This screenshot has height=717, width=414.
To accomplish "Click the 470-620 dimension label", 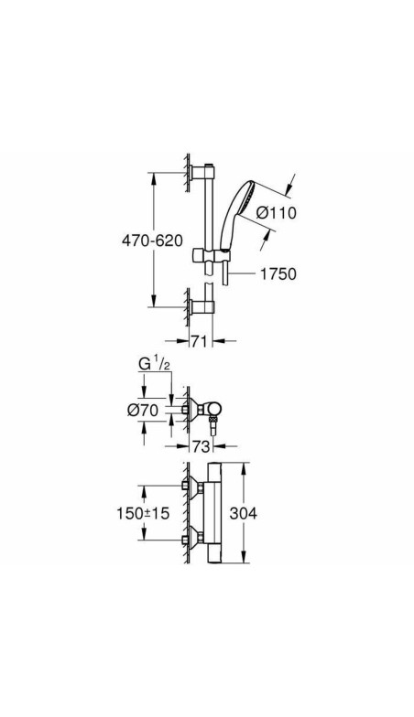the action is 152,240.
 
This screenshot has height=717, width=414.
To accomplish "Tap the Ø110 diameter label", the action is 277,212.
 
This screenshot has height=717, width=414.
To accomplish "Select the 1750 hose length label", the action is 278,274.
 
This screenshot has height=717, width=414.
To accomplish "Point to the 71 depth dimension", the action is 198,340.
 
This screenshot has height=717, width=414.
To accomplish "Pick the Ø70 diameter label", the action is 143,410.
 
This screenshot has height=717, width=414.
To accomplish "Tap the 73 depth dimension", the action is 201,446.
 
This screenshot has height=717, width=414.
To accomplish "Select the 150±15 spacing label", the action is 143,513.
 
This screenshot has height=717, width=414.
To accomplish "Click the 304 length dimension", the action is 244,513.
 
